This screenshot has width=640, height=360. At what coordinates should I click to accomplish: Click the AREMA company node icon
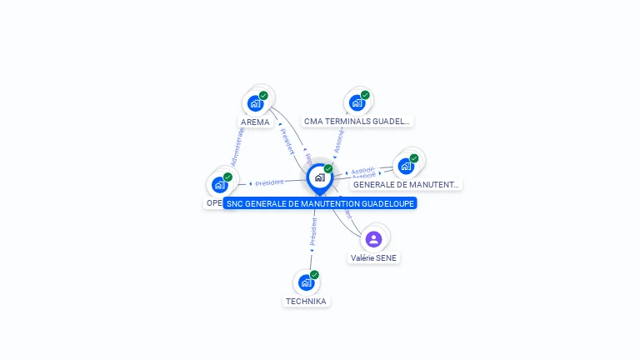pos(256,104)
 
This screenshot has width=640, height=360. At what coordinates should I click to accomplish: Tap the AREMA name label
pos(255,122)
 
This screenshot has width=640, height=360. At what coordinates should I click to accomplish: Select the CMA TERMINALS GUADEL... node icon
pos(357,103)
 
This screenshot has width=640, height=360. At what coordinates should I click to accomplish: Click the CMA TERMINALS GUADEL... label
pos(357,121)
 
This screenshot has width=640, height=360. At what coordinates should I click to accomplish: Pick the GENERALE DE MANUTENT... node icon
pos(407,166)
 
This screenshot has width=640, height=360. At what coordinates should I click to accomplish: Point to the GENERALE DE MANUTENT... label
pos(405,184)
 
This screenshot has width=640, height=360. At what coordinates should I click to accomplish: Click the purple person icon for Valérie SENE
pos(373,239)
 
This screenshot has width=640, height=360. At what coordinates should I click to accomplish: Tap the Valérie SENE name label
pos(374,258)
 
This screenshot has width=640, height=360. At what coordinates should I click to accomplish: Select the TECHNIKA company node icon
pos(307,282)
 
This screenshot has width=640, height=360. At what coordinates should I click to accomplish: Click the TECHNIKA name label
pos(306,301)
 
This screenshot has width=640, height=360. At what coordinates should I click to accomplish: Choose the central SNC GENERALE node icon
pos(319,177)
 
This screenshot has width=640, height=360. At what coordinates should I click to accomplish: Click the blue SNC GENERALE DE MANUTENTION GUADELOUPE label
pos(319,203)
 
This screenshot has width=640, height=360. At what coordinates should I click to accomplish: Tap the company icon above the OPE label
pos(220,185)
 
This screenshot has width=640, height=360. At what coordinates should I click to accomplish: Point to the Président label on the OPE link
pos(268,182)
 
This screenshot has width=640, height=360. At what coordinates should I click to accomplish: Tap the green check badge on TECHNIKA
pos(314,274)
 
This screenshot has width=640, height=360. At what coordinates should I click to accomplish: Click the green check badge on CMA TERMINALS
pos(365,95)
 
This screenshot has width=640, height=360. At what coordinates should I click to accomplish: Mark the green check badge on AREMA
pos(263,96)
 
